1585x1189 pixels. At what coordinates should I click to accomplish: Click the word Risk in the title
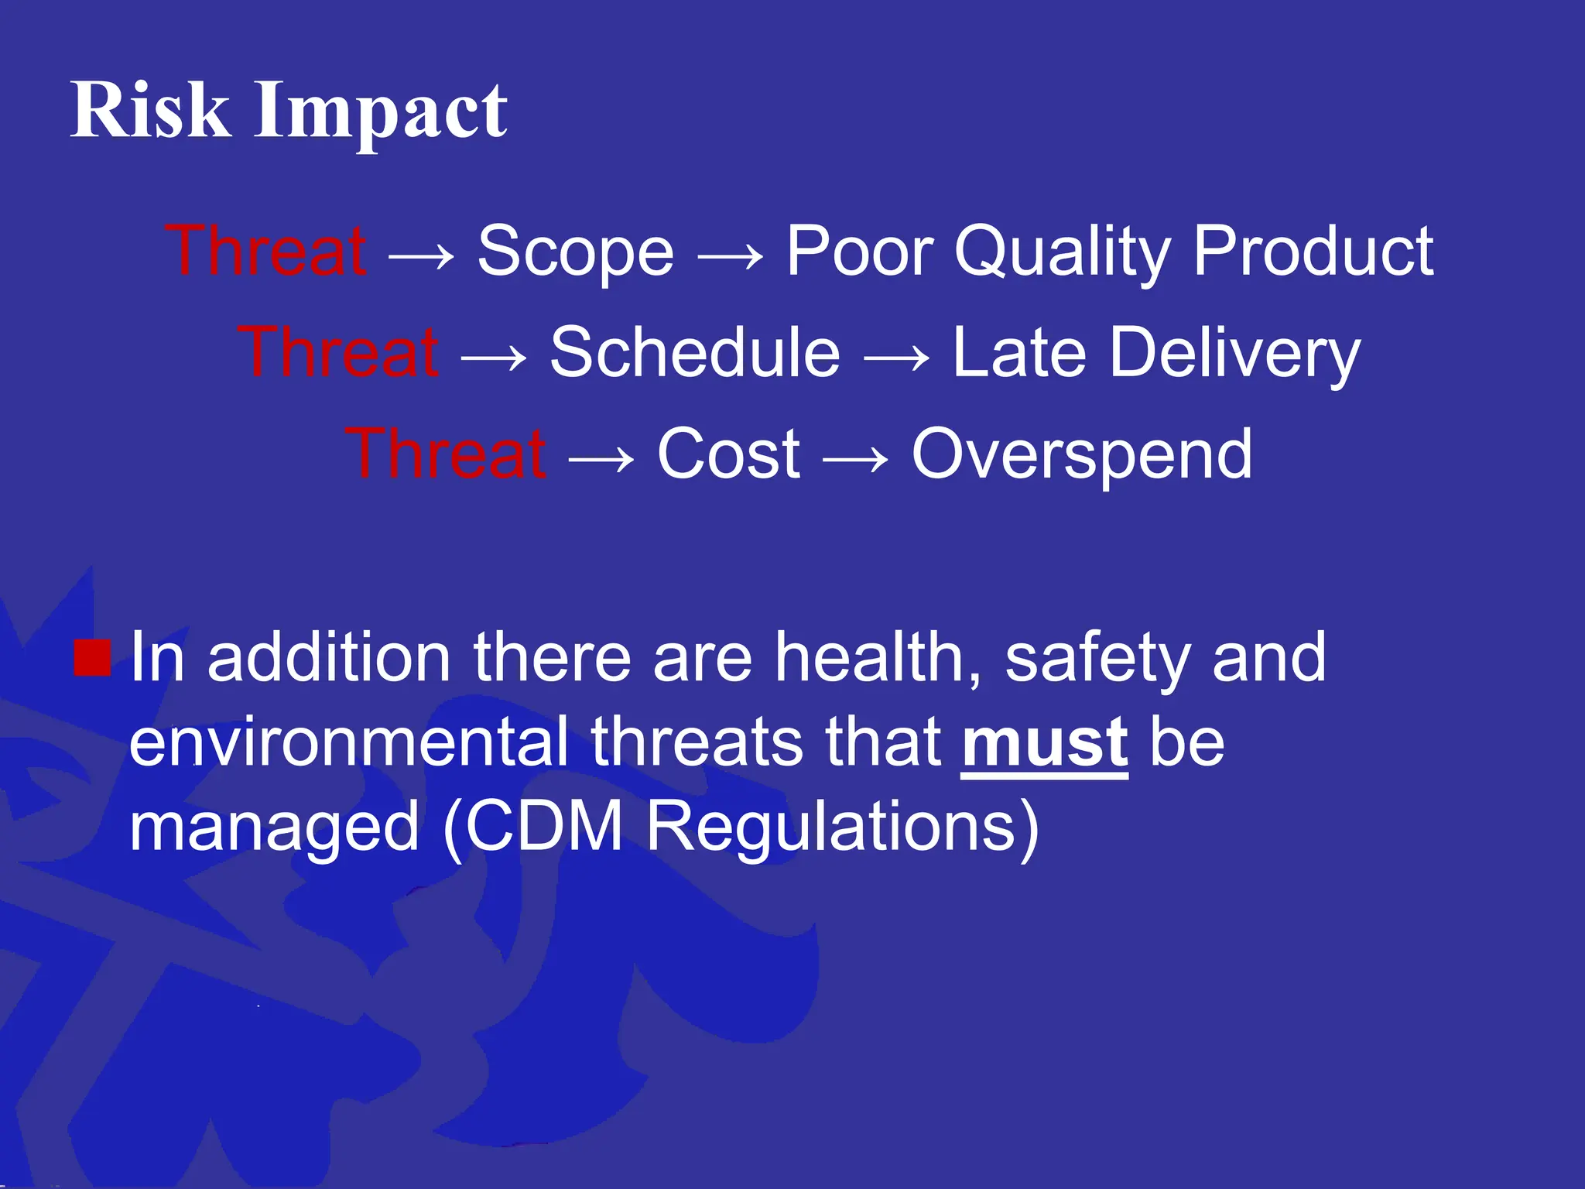(150, 110)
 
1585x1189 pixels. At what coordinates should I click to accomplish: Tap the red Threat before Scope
(265, 251)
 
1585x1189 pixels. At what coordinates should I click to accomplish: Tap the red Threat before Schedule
(338, 352)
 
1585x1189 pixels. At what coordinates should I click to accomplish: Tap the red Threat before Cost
(446, 454)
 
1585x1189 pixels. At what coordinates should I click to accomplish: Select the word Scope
(575, 252)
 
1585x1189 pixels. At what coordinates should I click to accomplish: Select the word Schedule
(694, 353)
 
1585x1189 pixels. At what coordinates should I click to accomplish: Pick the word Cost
(728, 454)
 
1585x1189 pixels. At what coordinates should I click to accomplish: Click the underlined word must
(1044, 742)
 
